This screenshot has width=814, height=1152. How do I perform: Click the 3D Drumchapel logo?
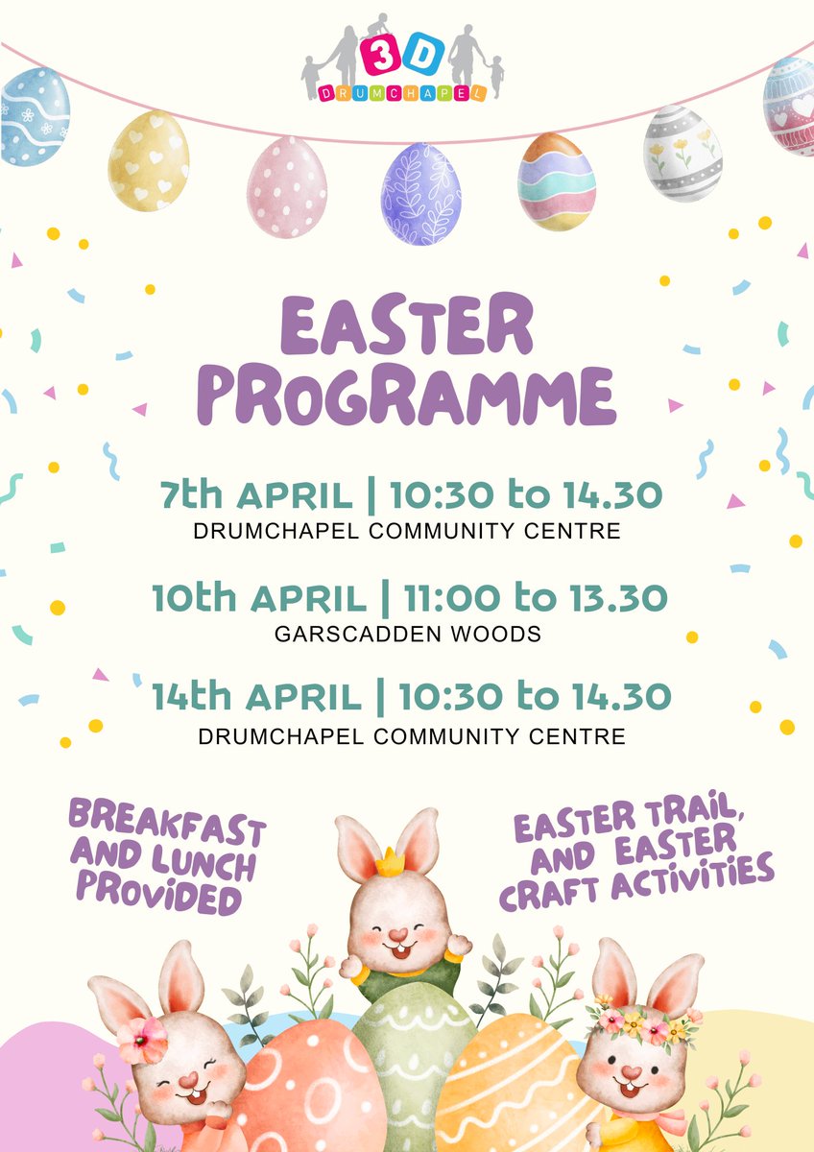coord(403,58)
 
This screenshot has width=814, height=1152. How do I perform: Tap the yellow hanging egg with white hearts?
coord(148,160)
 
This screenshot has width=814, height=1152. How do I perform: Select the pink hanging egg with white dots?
coord(286,186)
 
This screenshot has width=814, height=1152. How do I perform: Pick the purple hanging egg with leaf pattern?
coord(420,195)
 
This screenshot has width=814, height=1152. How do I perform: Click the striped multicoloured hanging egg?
coord(557,181)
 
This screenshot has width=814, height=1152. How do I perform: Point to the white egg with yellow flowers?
coord(682,154)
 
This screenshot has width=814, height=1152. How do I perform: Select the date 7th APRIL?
coord(255,495)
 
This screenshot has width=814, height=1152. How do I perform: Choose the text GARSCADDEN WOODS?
coord(407,634)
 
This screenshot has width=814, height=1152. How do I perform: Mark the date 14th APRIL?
coord(256,698)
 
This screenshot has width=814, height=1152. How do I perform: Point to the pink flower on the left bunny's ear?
coord(142,1041)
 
